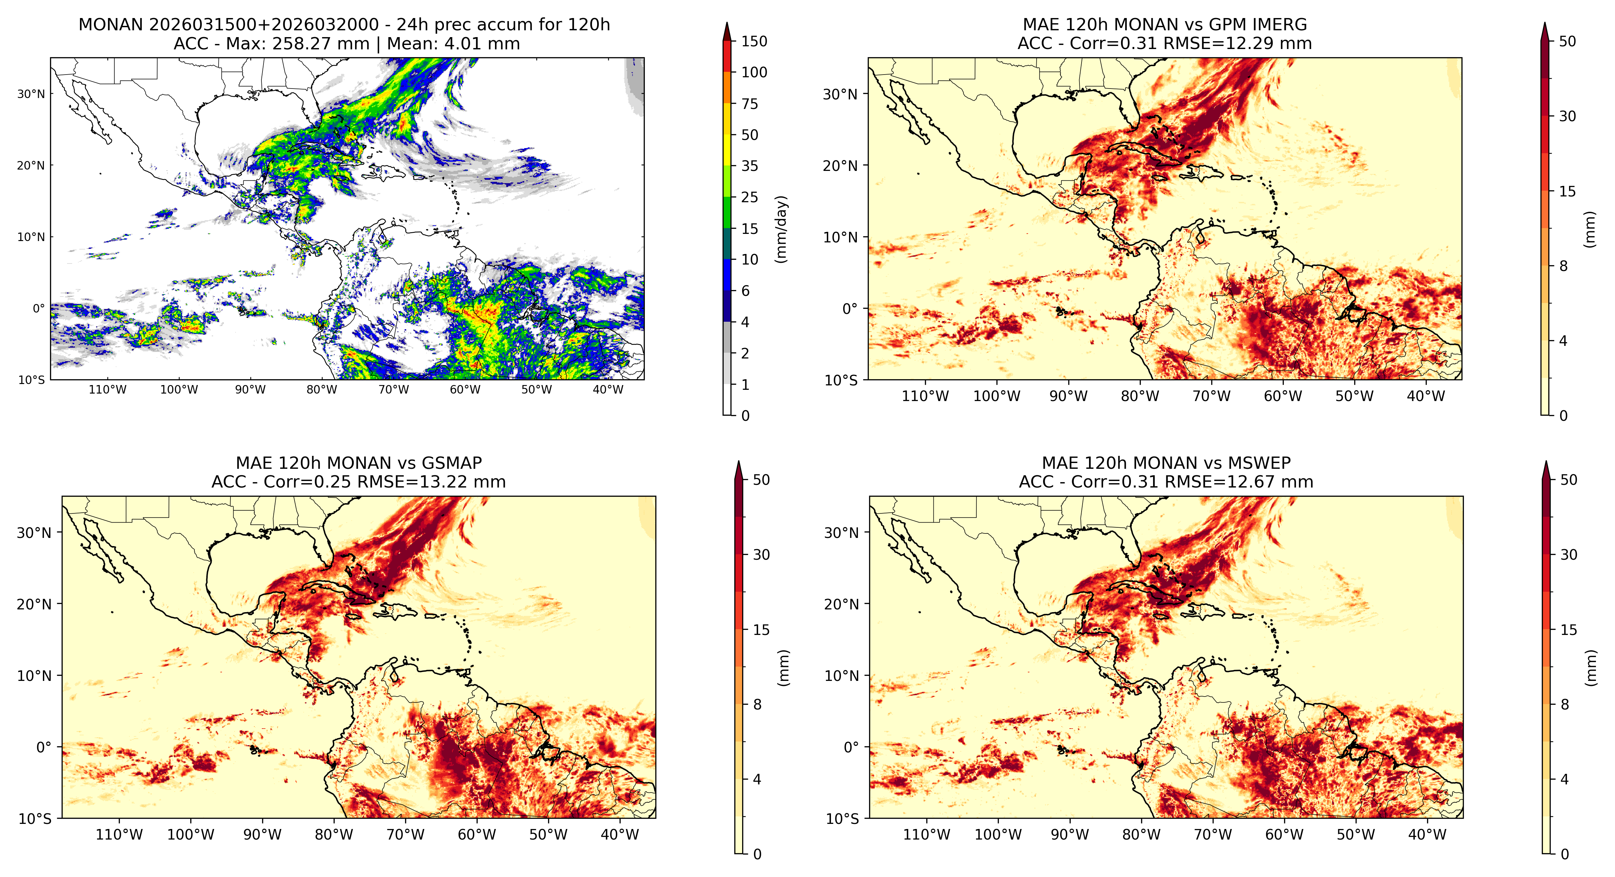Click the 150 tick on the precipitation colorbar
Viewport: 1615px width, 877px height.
tap(754, 42)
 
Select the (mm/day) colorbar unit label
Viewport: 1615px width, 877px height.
tap(781, 229)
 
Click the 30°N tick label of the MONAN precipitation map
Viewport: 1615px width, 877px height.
tap(31, 94)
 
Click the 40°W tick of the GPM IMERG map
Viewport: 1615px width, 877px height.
tap(1426, 396)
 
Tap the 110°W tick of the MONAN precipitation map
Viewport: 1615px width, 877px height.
tap(108, 389)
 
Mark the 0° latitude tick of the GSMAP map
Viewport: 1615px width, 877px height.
tap(44, 747)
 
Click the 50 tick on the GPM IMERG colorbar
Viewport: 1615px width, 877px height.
tap(1567, 42)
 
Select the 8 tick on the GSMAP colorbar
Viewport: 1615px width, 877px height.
tap(757, 705)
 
